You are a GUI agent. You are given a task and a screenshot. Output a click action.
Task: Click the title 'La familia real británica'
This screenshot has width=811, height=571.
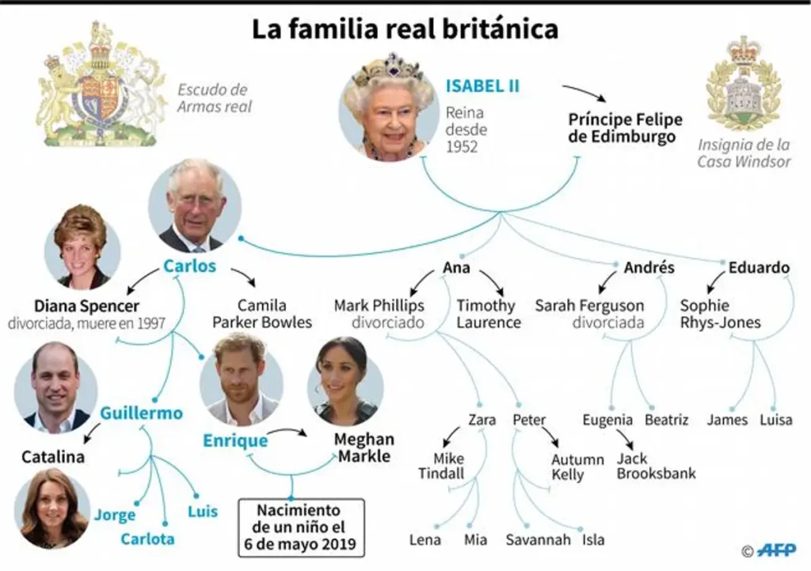tap(405, 29)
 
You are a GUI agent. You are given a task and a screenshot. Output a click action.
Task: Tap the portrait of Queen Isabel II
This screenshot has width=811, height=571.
tap(388, 109)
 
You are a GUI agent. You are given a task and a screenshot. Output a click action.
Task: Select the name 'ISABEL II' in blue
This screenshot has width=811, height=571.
tap(482, 86)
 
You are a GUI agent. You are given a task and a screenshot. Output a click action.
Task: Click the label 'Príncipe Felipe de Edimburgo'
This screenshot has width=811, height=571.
tap(625, 128)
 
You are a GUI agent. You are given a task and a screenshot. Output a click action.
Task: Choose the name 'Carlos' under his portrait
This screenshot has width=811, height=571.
tap(189, 266)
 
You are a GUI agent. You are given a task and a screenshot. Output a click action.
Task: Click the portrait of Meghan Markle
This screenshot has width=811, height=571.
tap(345, 381)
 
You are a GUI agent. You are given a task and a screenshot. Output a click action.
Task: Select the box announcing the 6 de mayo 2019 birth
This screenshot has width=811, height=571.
tap(302, 527)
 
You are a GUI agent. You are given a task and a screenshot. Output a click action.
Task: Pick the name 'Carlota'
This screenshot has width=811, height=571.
tap(147, 539)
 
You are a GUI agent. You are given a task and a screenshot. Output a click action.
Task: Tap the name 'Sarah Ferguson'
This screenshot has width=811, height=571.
tap(589, 306)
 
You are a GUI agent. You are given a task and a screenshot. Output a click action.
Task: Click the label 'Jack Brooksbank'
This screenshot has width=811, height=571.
tap(656, 466)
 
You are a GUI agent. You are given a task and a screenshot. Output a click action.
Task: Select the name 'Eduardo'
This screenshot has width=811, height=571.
tap(759, 268)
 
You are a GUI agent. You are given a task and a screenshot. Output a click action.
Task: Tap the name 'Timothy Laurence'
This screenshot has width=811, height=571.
tap(489, 314)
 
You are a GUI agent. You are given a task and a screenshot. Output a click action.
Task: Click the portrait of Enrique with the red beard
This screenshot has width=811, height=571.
tap(242, 379)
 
